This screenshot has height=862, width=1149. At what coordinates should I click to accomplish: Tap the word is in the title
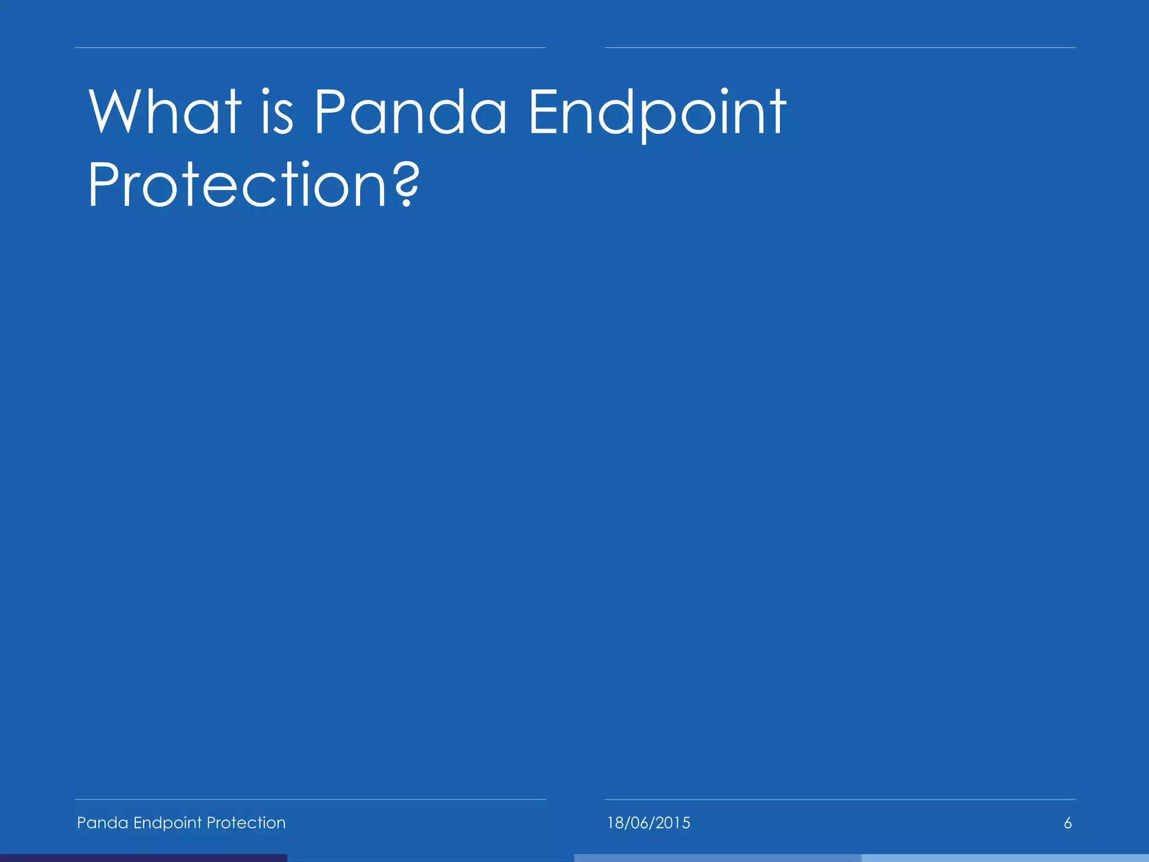[x=277, y=112]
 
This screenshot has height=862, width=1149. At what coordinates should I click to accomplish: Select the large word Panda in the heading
[x=410, y=112]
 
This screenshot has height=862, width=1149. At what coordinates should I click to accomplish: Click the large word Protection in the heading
[x=236, y=185]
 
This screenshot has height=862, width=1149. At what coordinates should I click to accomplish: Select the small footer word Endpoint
[x=167, y=823]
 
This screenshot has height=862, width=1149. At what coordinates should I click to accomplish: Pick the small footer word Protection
[x=246, y=823]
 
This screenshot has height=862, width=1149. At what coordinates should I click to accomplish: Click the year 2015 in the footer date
[x=672, y=823]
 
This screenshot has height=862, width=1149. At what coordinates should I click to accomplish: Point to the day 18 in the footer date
[x=616, y=823]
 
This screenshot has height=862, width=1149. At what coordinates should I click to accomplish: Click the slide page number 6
[x=1068, y=823]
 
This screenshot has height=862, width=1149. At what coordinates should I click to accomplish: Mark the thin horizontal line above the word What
[x=310, y=48]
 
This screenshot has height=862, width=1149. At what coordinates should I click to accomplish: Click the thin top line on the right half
[x=840, y=48]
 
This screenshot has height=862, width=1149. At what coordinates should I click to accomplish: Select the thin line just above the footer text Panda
[x=310, y=799]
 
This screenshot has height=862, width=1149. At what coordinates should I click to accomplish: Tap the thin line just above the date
[x=840, y=799]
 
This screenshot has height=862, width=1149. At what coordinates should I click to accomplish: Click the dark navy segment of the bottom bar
[x=143, y=858]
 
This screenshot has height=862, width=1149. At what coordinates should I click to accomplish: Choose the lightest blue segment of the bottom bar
[x=1005, y=858]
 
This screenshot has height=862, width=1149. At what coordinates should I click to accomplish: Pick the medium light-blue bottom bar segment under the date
[x=718, y=858]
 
